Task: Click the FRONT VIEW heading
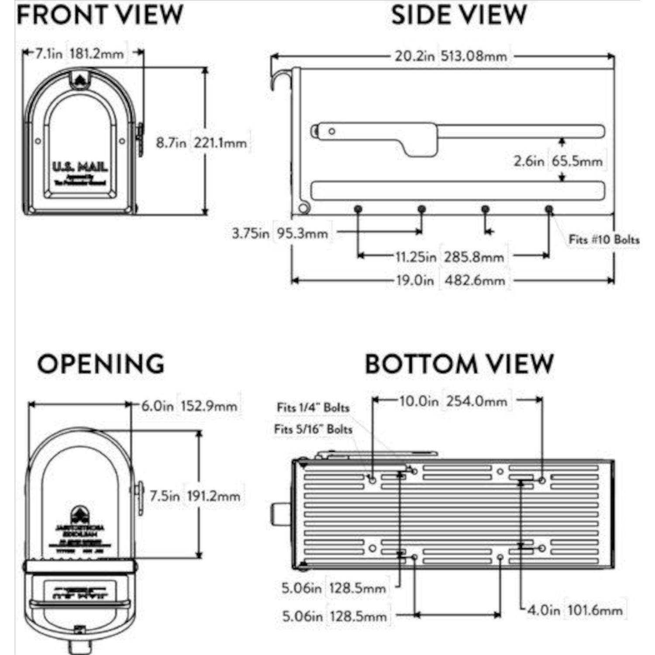100,15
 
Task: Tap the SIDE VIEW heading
458,15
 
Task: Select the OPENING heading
101,364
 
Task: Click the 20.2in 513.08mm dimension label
451,56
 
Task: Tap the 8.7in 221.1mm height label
201,143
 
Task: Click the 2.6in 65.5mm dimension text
558,161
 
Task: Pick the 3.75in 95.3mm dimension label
280,233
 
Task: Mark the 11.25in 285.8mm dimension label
450,257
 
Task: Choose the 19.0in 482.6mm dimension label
450,280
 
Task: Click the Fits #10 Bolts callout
603,239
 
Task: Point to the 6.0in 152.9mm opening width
190,406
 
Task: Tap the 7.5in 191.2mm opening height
195,496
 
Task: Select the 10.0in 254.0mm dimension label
453,401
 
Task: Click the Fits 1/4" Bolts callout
313,408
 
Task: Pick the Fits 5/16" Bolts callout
313,429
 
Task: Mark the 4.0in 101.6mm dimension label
575,610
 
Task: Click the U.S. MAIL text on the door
80,167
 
